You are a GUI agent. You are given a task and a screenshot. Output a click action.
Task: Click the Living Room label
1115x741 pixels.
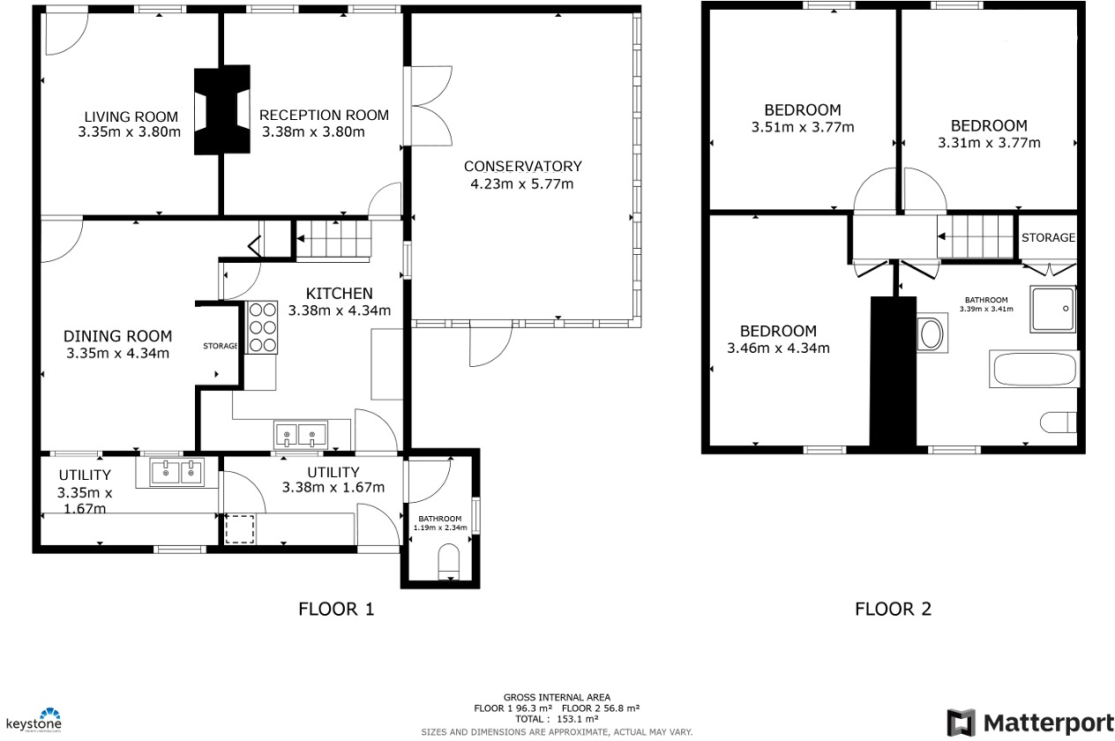131,116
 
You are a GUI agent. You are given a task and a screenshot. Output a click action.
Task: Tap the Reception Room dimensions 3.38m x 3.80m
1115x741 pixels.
314,132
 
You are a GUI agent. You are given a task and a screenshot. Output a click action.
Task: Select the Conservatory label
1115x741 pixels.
522,167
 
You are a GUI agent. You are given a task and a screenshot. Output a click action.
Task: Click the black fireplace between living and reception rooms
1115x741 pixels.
221,110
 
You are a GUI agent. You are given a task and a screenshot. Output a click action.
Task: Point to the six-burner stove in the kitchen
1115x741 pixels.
262,327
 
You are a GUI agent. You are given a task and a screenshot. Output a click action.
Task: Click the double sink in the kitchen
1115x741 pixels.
301,434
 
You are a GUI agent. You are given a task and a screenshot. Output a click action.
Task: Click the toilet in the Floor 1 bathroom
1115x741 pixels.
450,560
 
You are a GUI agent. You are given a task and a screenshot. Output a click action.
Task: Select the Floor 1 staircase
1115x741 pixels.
333,239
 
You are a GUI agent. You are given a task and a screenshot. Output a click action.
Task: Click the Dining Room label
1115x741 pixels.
117,336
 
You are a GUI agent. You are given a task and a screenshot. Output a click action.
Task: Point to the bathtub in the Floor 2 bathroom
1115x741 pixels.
1036,370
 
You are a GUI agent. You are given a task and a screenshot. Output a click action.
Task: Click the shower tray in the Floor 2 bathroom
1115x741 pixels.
1052,309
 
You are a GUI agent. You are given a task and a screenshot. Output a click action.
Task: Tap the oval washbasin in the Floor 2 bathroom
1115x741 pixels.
930,334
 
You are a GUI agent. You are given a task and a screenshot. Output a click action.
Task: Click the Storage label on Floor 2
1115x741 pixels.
1048,237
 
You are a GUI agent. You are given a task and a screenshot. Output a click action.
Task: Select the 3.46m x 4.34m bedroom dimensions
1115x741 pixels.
778,348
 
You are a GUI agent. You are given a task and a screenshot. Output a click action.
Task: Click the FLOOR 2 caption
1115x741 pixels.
893,609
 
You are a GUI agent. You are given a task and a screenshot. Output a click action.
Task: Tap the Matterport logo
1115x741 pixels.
1030,722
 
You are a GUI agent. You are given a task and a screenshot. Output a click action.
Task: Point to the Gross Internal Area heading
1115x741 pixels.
557,698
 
